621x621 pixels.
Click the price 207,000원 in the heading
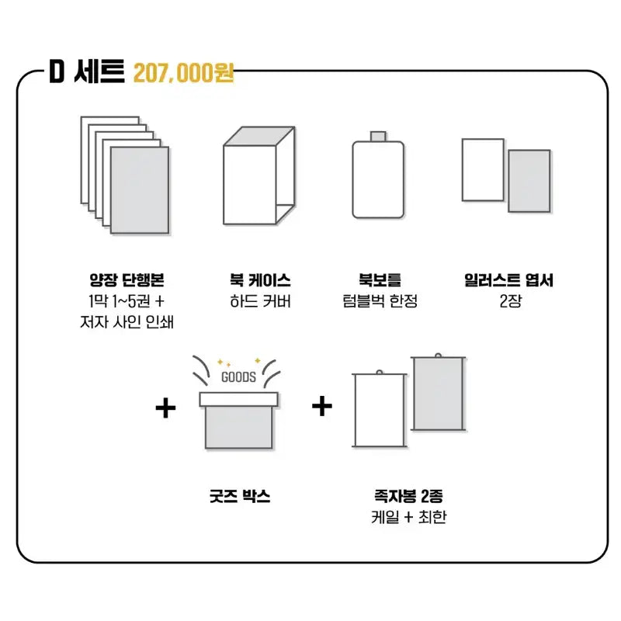183,72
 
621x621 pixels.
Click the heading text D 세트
87,71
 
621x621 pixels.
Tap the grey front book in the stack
140,190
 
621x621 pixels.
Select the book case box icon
259,175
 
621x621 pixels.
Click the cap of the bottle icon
378,137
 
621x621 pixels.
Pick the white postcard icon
483,169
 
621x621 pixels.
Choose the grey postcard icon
529,181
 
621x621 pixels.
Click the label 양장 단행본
127,280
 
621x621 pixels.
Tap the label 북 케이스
260,280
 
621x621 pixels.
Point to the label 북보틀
380,280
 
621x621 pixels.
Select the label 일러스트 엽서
509,280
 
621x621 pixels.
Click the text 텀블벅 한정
380,301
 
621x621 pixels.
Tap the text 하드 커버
260,301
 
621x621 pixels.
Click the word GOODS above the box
238,376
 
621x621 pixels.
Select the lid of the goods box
238,399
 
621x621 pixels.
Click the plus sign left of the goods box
165,408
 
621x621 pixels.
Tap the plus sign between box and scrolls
322,406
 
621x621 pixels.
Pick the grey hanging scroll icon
438,392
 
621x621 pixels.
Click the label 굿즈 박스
240,496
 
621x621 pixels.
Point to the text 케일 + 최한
409,517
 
